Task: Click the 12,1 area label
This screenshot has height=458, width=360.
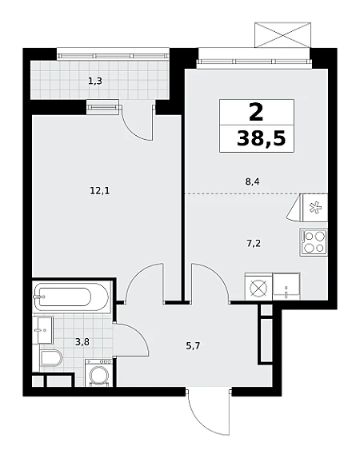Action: coord(100,191)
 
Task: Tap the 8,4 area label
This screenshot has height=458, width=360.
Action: coord(252,182)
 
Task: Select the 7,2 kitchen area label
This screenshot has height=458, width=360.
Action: coord(254,243)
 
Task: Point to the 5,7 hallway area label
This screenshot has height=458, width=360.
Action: coord(194,346)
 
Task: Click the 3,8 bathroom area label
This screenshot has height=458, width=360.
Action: coord(82,341)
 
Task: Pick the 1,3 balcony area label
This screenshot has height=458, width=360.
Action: coord(95,81)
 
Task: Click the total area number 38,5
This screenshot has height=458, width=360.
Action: coord(261,137)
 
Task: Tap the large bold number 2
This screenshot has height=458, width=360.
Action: coord(256,113)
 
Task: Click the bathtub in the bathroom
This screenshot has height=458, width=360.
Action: coord(71,297)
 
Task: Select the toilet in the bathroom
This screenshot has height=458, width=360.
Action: coord(51,358)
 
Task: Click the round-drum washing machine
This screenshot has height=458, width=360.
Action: coord(99,373)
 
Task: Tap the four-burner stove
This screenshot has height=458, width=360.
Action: coord(314,243)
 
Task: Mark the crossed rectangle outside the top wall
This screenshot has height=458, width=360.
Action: coord(282,34)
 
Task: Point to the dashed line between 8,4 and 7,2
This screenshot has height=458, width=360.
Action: coord(256,193)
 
